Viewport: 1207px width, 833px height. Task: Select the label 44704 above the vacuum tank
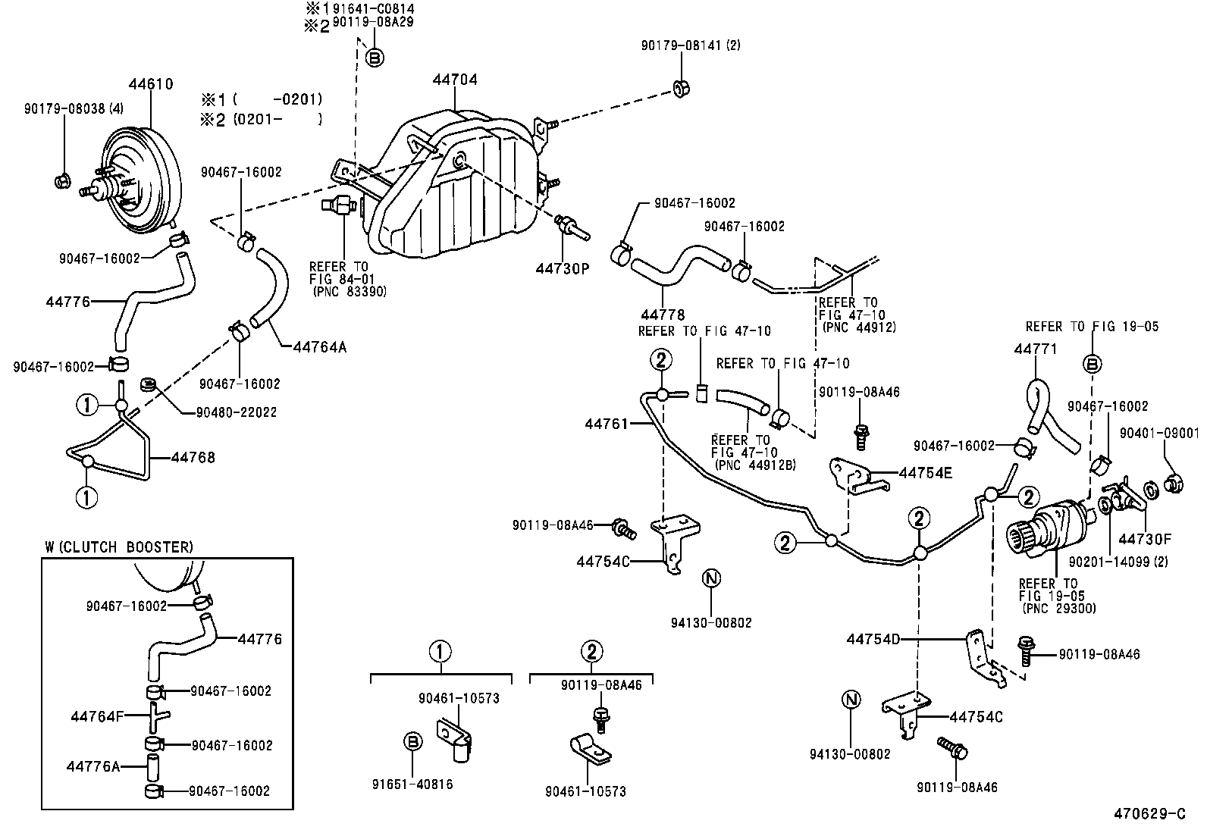[455, 80]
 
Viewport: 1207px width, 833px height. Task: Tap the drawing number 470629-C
[1149, 814]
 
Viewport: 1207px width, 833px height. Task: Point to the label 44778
[662, 315]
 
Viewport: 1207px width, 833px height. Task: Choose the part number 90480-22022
[236, 412]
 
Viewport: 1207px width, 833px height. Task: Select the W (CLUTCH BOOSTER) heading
[119, 546]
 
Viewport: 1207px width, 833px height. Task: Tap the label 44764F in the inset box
[96, 716]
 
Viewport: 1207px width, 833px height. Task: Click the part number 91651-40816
[412, 784]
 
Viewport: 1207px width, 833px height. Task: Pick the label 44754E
[925, 473]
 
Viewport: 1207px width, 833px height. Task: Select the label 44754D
[873, 639]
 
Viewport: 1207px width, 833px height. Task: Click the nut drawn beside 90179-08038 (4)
[62, 181]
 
